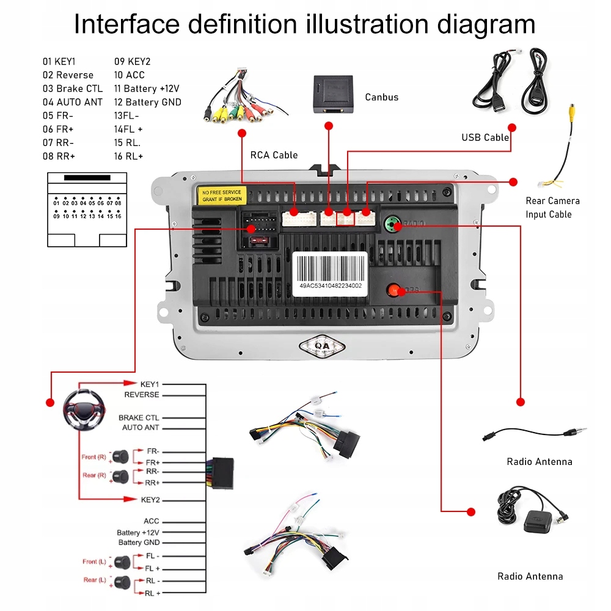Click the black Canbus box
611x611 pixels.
click(x=333, y=94)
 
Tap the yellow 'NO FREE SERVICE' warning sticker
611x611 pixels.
click(x=222, y=196)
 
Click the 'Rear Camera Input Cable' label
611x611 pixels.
click(x=552, y=208)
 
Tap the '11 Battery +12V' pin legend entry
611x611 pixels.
click(x=147, y=89)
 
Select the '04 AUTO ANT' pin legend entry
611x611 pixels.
click(x=72, y=102)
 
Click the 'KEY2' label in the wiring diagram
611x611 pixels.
click(x=150, y=500)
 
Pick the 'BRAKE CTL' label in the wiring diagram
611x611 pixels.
click(x=139, y=418)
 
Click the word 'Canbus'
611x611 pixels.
click(x=382, y=97)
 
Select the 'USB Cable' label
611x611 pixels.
click(x=485, y=137)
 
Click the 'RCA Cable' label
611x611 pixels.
click(x=274, y=155)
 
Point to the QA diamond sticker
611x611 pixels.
click(x=322, y=346)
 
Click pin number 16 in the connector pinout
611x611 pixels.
click(x=118, y=216)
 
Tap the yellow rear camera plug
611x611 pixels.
click(x=572, y=113)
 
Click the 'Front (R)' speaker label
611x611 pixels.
click(x=93, y=457)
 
